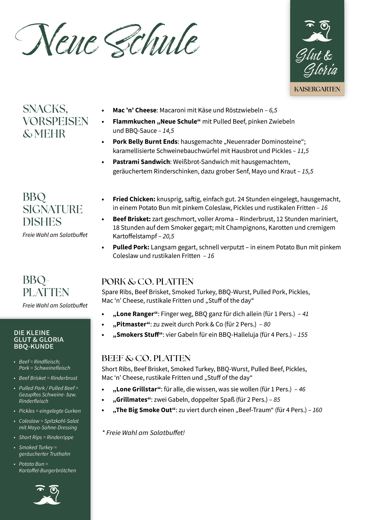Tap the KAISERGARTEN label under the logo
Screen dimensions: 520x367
tap(317, 89)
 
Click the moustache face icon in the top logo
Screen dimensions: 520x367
tap(317, 31)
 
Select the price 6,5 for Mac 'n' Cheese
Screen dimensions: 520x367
tap(273, 110)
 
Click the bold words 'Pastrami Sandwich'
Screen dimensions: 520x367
tap(141, 162)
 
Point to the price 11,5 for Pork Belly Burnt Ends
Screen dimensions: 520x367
tap(303, 151)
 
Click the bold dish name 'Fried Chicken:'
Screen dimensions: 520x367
tap(134, 199)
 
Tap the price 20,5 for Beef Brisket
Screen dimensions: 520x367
tap(168, 236)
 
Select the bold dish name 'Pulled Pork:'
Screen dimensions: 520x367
tap(131, 247)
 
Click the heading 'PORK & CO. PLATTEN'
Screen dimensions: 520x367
tap(147, 281)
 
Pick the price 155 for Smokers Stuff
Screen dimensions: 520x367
tap(302, 335)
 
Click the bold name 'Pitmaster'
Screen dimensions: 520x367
tap(131, 324)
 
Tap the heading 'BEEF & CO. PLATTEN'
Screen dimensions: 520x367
tap(146, 358)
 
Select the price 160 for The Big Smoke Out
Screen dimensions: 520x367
tap(317, 410)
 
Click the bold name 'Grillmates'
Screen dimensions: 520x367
tap(131, 400)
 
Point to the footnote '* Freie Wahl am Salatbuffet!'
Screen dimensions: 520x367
tap(143, 433)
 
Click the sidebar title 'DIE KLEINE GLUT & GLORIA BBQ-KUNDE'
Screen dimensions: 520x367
tap(38, 339)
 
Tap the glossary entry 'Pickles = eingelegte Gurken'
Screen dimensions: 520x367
tap(49, 411)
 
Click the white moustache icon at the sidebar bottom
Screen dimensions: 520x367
tap(47, 495)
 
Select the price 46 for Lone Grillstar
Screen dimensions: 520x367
tap(302, 389)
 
